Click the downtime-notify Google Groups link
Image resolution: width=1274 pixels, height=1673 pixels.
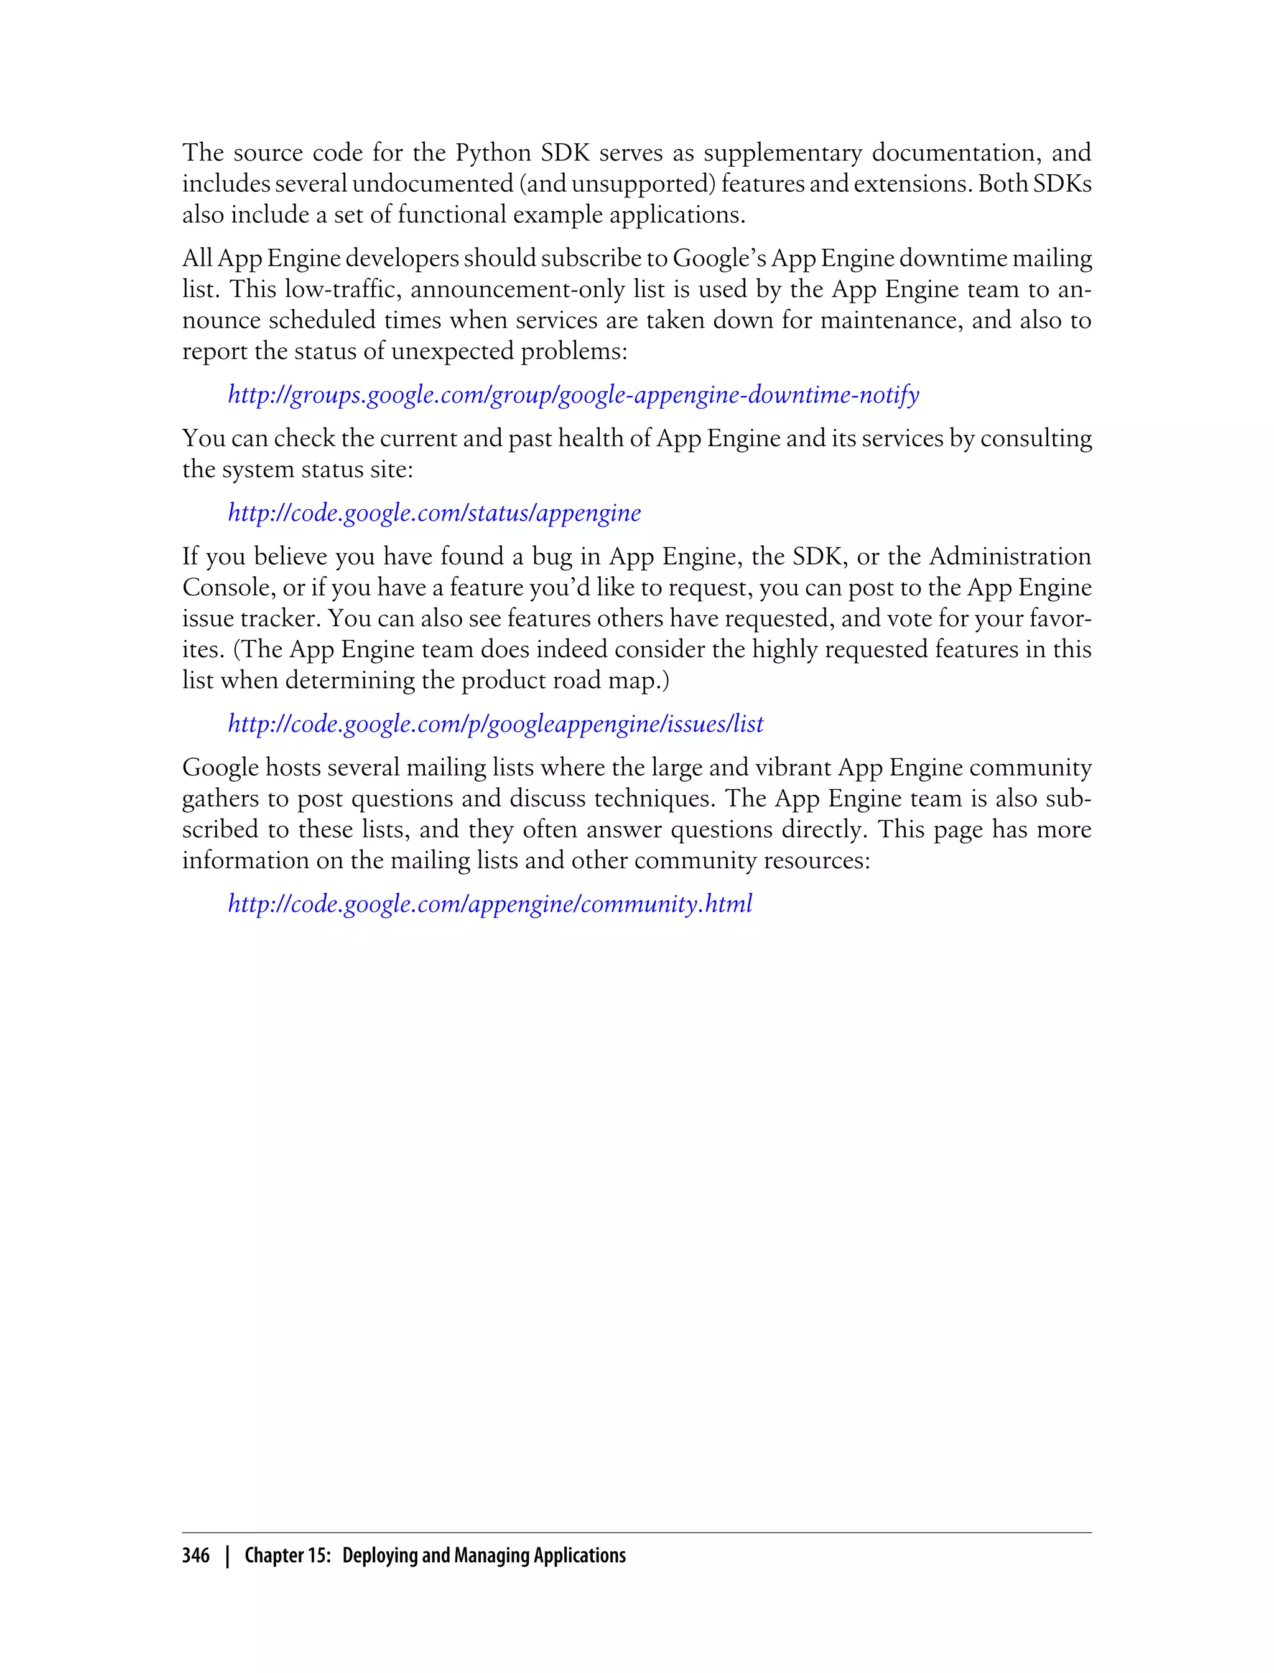[574, 395]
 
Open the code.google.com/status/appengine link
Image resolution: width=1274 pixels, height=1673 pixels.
[435, 513]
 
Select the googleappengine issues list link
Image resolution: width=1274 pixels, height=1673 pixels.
[496, 724]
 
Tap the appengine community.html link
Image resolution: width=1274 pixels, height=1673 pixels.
[490, 904]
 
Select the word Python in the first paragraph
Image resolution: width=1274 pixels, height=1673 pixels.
[493, 153]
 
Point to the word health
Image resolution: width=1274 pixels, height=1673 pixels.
[592, 439]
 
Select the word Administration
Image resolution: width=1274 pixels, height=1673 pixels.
[1010, 558]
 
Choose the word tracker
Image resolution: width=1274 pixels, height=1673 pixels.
[281, 619]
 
